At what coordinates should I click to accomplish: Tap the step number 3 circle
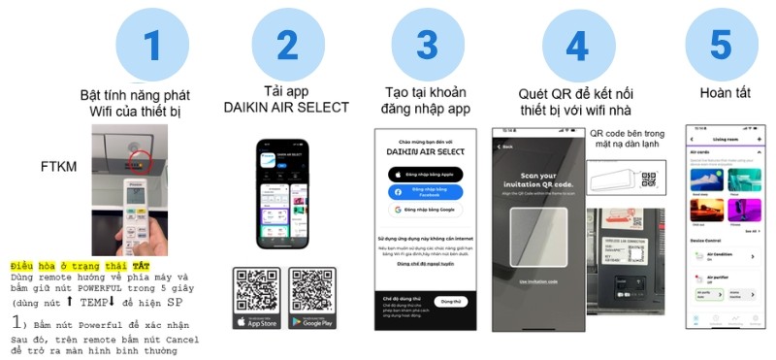[427, 45]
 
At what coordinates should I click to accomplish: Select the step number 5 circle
[722, 45]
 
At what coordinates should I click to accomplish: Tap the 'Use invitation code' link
[535, 280]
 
